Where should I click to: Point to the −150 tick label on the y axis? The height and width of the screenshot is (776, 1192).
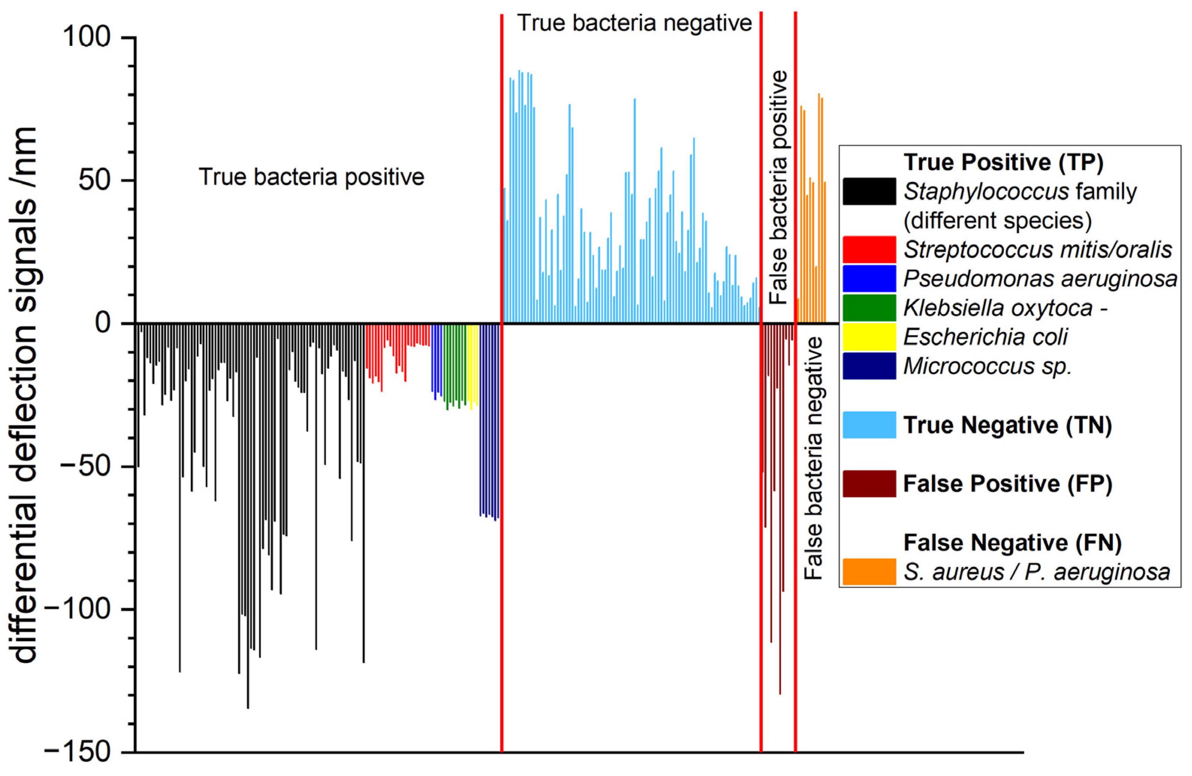click(x=78, y=752)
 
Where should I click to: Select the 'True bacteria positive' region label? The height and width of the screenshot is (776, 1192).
click(x=312, y=177)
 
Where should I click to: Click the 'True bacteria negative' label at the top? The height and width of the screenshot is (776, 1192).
click(x=634, y=23)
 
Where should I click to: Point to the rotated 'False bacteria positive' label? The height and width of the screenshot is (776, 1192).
click(x=778, y=187)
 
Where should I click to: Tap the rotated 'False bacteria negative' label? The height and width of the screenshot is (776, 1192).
click(x=813, y=458)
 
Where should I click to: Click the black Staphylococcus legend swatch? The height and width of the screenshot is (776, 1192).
click(x=869, y=191)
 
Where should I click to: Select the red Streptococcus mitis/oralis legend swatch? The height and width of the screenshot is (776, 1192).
click(x=869, y=249)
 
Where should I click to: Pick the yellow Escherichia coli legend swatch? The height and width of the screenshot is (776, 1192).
click(x=869, y=337)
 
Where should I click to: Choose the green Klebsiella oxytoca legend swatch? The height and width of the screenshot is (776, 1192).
click(x=869, y=308)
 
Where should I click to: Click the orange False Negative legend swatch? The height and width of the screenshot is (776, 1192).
click(x=869, y=572)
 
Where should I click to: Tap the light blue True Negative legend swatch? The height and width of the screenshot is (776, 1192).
click(x=869, y=425)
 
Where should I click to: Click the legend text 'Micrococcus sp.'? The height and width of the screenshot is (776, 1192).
click(x=987, y=366)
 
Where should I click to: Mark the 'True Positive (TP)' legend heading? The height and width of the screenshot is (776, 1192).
click(x=1003, y=162)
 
